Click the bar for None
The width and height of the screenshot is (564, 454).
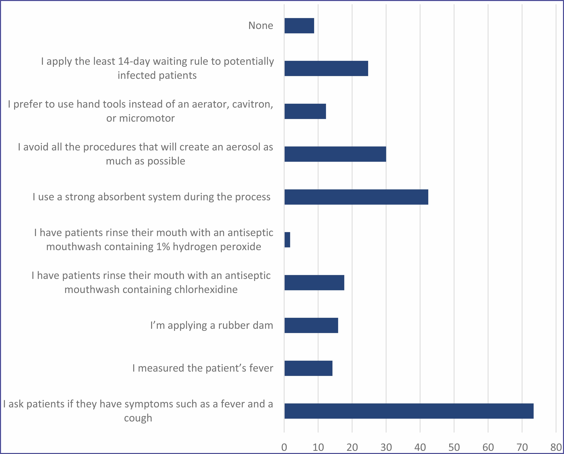pyautogui.click(x=299, y=26)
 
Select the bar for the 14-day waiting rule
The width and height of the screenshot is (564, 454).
pyautogui.click(x=326, y=69)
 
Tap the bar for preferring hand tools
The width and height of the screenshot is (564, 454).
pyautogui.click(x=305, y=111)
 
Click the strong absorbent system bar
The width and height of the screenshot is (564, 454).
pyautogui.click(x=356, y=197)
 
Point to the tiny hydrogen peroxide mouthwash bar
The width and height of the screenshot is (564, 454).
pyautogui.click(x=287, y=240)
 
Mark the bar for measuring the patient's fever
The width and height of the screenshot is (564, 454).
pyautogui.click(x=308, y=368)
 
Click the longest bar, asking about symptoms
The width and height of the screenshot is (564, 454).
pyautogui.click(x=409, y=411)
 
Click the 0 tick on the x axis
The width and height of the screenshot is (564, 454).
pyautogui.click(x=284, y=447)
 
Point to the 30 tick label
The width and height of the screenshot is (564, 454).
pyautogui.click(x=386, y=447)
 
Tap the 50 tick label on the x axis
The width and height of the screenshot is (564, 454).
pyautogui.click(x=454, y=447)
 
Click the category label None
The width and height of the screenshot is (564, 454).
pyautogui.click(x=261, y=26)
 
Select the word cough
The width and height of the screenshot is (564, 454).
pyautogui.click(x=138, y=418)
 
